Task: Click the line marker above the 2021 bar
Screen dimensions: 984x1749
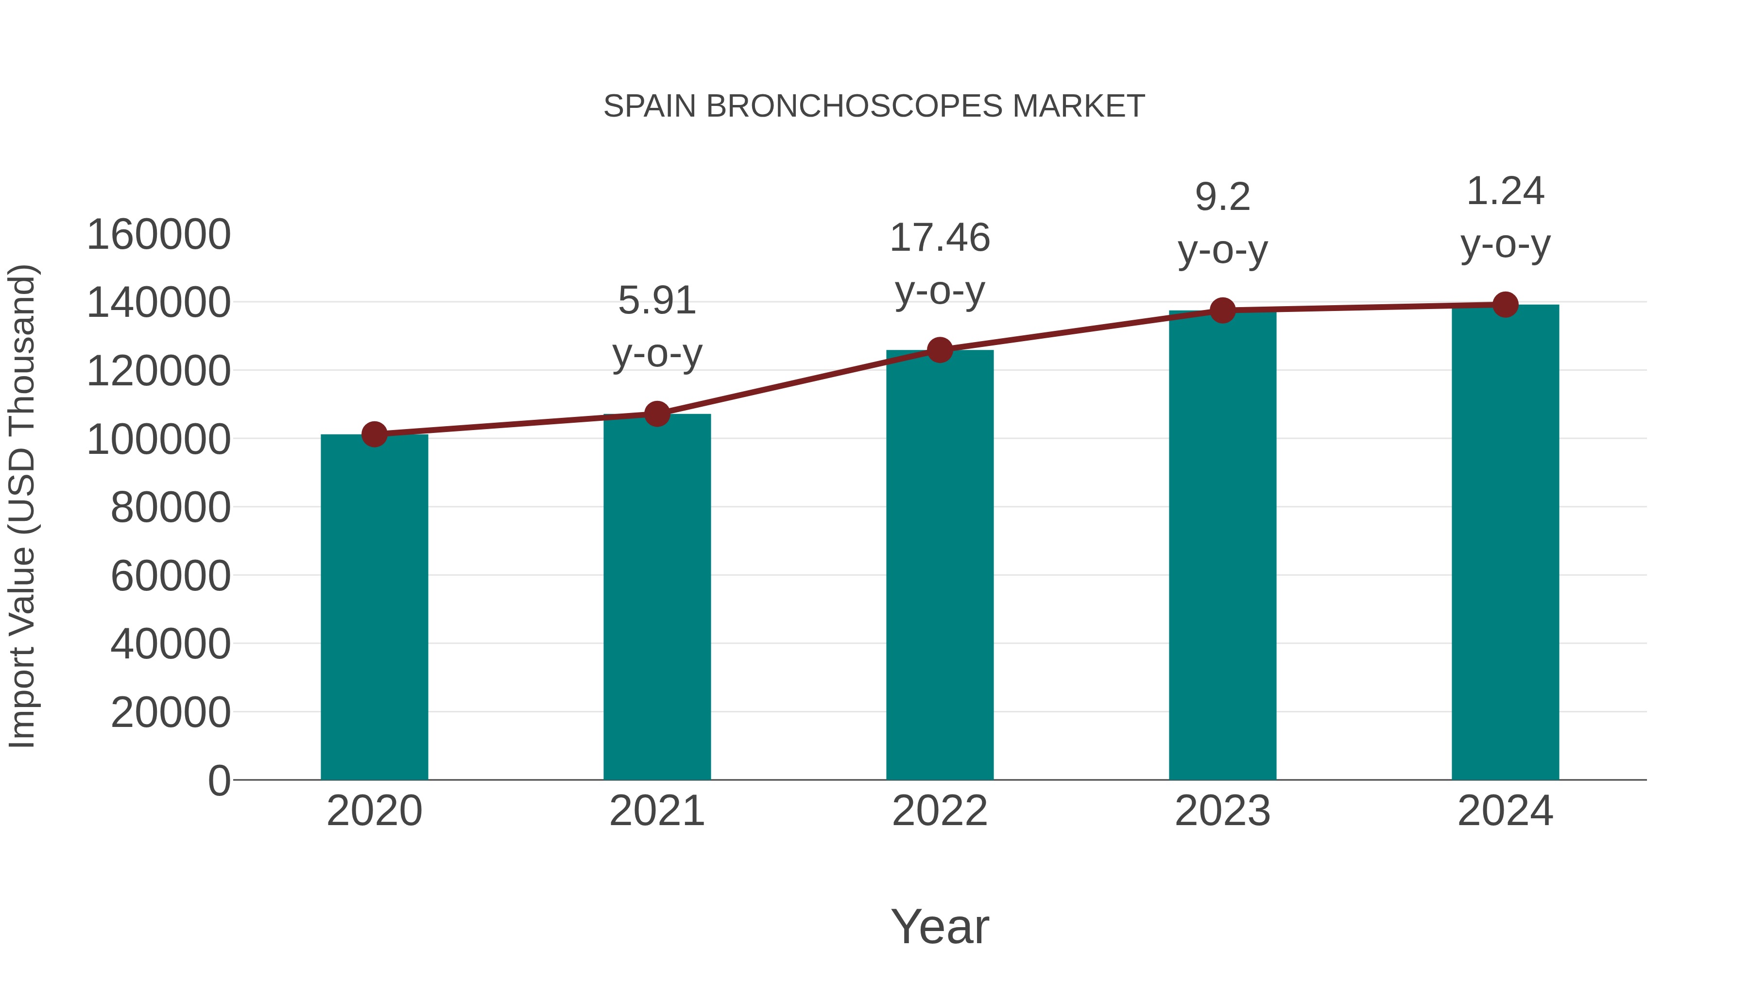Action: pyautogui.click(x=656, y=414)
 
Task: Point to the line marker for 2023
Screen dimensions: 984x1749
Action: pyautogui.click(x=1222, y=311)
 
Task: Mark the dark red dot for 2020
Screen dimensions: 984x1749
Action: pyautogui.click(x=374, y=434)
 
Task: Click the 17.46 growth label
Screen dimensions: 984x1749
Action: pyautogui.click(x=940, y=239)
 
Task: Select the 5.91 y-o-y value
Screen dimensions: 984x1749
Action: pyautogui.click(x=656, y=301)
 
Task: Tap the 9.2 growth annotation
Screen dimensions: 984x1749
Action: pyautogui.click(x=1222, y=198)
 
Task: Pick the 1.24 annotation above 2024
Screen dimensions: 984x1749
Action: pyautogui.click(x=1505, y=191)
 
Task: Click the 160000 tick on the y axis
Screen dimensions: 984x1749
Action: pyautogui.click(x=159, y=235)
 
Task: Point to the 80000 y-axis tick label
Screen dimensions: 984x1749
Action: pyautogui.click(x=171, y=507)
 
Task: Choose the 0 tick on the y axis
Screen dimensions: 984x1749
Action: pyautogui.click(x=219, y=780)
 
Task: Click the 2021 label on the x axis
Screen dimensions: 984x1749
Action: pyautogui.click(x=656, y=811)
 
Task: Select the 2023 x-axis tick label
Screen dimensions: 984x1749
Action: pyautogui.click(x=1222, y=811)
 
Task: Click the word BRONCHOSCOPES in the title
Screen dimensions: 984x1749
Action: pyautogui.click(x=854, y=106)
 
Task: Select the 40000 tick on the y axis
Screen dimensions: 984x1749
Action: pyautogui.click(x=171, y=644)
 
